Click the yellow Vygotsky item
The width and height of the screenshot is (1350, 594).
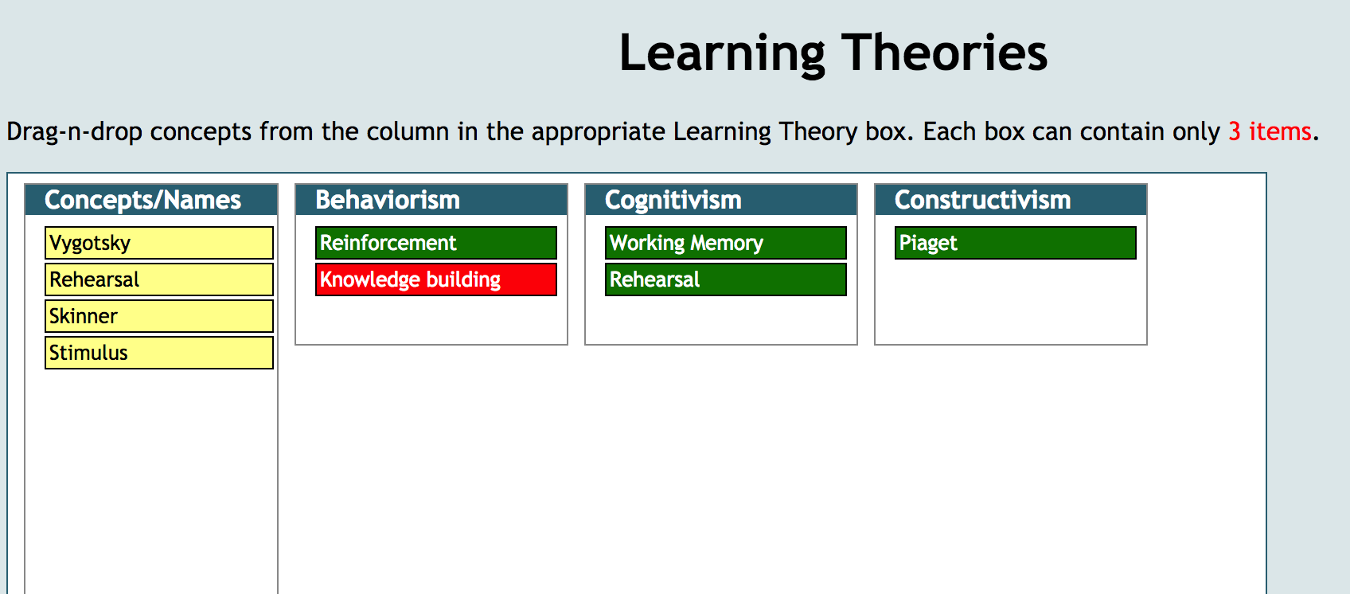pos(159,243)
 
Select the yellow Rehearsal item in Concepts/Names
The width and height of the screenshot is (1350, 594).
pos(159,279)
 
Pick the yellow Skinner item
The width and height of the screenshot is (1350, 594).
pos(159,316)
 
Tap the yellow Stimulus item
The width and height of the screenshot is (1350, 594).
pos(159,353)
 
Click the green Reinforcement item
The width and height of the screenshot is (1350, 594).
pos(435,243)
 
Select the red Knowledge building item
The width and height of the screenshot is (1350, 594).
pos(435,279)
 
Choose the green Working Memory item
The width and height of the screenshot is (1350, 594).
pos(726,243)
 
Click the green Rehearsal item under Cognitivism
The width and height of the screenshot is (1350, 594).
pos(726,279)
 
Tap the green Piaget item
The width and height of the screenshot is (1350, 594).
pos(1016,243)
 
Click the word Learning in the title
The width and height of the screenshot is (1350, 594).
pos(722,54)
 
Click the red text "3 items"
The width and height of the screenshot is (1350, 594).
pos(1270,131)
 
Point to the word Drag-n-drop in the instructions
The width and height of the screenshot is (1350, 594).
pos(74,132)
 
